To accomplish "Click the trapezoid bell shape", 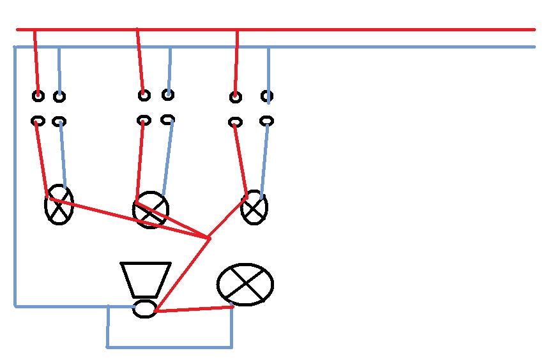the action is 146,278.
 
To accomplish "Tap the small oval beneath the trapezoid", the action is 145,310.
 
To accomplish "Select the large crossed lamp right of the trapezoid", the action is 245,285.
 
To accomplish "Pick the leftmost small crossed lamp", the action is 59,206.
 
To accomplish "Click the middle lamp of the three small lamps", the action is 151,209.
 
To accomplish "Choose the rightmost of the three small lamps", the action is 254,207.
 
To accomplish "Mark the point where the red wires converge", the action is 209,238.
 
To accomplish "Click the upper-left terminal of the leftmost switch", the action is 38,96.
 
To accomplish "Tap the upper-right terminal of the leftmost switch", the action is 59,97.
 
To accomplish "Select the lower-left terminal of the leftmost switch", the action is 38,121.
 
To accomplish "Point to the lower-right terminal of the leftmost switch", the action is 59,121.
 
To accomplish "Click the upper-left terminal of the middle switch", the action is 144,96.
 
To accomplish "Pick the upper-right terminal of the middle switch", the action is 167,95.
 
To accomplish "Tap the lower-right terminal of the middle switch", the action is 167,119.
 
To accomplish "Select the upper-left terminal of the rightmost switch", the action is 236,97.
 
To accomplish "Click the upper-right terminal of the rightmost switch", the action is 267,97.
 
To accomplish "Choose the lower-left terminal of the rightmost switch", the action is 236,121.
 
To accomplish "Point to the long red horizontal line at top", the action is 383,29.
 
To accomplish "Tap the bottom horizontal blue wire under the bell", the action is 169,347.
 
